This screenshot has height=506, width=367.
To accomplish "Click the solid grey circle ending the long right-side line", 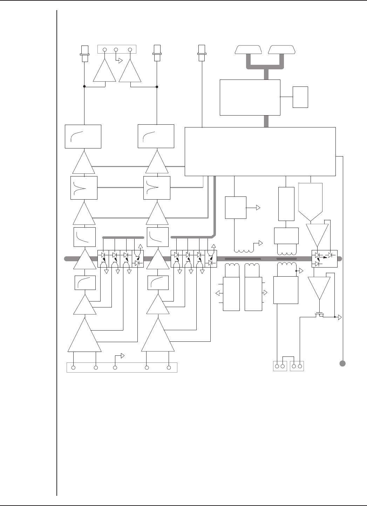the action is tap(343, 363).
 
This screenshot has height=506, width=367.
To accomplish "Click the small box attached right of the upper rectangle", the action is tap(300, 97).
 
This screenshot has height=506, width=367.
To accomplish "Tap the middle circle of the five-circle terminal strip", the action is tap(115, 367).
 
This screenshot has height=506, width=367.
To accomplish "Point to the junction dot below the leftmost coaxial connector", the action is tap(84, 86).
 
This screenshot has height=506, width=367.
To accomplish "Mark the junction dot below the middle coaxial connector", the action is tap(157, 86).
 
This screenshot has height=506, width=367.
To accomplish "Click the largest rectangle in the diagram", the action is tap(260, 151).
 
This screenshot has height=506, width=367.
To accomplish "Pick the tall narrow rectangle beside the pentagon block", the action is tap(286, 204).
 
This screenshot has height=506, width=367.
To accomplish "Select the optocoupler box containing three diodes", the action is tap(324, 259).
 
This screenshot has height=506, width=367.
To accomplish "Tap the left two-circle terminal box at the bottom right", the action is tap(280, 366).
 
